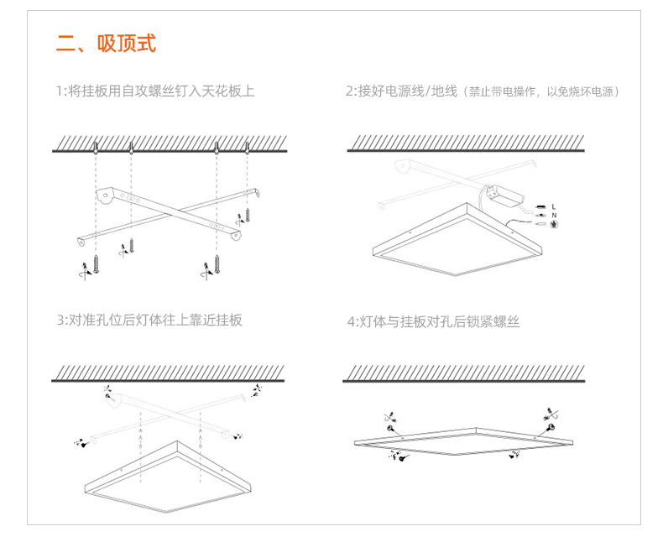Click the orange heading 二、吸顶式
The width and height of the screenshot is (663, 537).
pyautogui.click(x=106, y=44)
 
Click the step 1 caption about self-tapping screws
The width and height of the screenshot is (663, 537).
pyautogui.click(x=155, y=91)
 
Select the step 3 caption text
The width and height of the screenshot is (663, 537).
pyautogui.click(x=149, y=320)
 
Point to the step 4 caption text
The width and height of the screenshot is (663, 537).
pyautogui.click(x=433, y=321)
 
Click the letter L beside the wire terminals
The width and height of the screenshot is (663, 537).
pyautogui.click(x=554, y=206)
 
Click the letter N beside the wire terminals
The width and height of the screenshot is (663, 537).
pyautogui.click(x=554, y=215)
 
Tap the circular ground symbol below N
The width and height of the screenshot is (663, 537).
pyautogui.click(x=554, y=225)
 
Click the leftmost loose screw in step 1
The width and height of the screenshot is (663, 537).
pyautogui.click(x=97, y=261)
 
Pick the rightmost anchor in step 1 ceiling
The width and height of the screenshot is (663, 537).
pyautogui.click(x=247, y=150)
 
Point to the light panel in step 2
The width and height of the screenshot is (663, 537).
pyautogui.click(x=457, y=243)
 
